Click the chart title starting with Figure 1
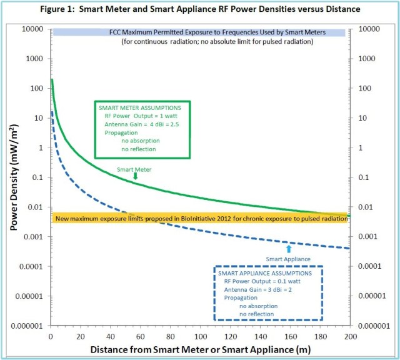(200, 10)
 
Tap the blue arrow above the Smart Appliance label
(287, 249)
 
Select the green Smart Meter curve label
(135, 169)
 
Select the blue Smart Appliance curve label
(288, 257)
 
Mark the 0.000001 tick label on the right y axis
(374, 326)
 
